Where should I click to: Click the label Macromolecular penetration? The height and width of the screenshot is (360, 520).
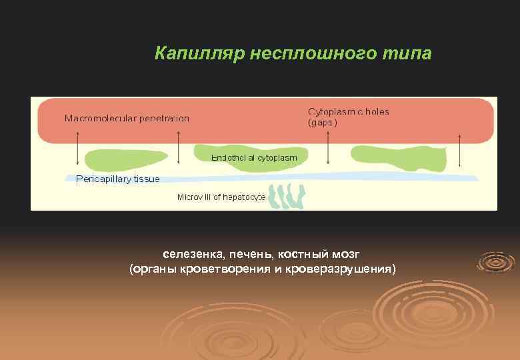point(127,119)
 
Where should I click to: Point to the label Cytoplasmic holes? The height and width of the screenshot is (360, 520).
point(349,111)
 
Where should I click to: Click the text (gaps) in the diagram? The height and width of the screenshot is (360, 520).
point(323,123)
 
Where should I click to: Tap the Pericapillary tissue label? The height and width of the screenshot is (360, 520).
point(118,179)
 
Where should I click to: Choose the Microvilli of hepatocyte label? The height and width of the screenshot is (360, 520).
point(221,197)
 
